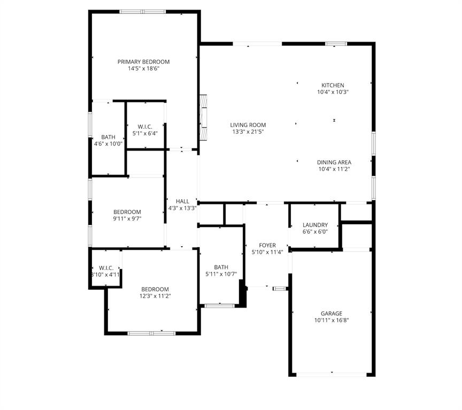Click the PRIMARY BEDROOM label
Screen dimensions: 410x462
point(143,62)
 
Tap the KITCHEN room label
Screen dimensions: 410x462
point(332,85)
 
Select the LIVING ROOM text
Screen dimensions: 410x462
point(248,125)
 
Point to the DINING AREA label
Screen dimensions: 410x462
point(334,162)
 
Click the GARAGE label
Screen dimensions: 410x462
point(332,314)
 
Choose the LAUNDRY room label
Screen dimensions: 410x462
point(315,225)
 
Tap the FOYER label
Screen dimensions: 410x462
point(267,246)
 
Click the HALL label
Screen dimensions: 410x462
point(182,201)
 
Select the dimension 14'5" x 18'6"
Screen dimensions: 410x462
point(143,69)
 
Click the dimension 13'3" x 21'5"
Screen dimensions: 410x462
point(248,132)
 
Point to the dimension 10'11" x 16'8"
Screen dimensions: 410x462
point(332,321)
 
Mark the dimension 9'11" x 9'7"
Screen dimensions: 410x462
point(127,219)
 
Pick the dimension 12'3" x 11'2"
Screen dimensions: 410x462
point(155,296)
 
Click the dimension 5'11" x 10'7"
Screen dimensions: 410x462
point(221,274)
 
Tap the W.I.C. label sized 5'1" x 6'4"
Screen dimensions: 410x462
point(145,127)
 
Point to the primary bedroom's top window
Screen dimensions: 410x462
point(142,11)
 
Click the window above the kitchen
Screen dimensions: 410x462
point(336,44)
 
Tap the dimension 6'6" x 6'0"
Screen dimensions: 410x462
point(315,232)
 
